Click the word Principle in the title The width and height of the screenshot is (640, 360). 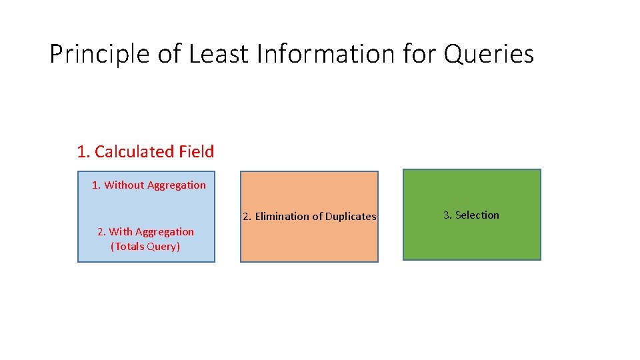[100, 54]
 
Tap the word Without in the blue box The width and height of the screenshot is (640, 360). [124, 185]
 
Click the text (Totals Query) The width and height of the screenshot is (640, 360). [145, 247]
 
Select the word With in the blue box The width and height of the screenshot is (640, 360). [121, 232]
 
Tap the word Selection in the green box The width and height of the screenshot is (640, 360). [477, 215]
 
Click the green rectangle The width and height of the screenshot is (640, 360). [472, 240]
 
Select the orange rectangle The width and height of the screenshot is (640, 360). [309, 243]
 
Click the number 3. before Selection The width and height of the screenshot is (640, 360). [448, 215]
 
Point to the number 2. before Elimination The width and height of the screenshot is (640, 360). [247, 217]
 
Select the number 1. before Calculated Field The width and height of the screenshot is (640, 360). [83, 152]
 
